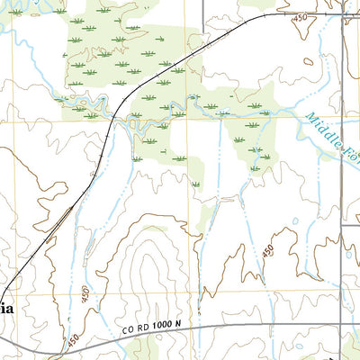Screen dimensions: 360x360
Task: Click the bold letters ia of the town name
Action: [x=7, y=308]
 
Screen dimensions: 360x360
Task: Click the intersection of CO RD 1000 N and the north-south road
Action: [x=341, y=325]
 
